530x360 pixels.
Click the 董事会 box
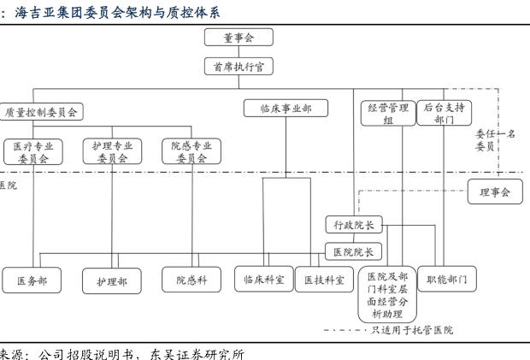click(x=238, y=37)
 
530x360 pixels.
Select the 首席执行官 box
click(x=238, y=66)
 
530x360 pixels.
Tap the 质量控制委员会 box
click(x=41, y=112)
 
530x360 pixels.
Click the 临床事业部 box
click(x=286, y=108)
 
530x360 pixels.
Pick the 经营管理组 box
click(x=388, y=113)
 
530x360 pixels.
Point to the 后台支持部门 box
click(x=445, y=113)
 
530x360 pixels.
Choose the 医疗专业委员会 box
click(x=33, y=151)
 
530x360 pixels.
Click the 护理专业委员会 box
click(x=112, y=151)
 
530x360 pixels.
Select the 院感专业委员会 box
click(x=191, y=151)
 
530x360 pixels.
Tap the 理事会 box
click(x=495, y=192)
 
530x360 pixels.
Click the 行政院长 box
click(x=354, y=225)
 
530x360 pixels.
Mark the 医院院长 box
click(x=353, y=251)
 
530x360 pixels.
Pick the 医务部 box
click(x=32, y=280)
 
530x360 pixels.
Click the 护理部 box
click(x=112, y=280)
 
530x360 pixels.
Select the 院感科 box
click(x=191, y=280)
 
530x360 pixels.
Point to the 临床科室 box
click(x=264, y=280)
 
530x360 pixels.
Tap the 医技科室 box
click(x=324, y=280)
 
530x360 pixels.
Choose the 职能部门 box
click(x=447, y=279)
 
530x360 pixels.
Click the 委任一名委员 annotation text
click(x=495, y=140)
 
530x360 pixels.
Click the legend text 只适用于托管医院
click(x=412, y=330)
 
